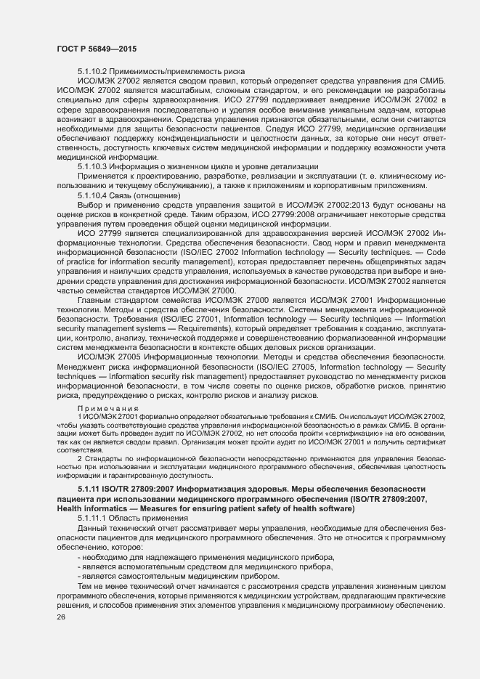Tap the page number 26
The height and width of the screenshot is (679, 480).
[x=61, y=617]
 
